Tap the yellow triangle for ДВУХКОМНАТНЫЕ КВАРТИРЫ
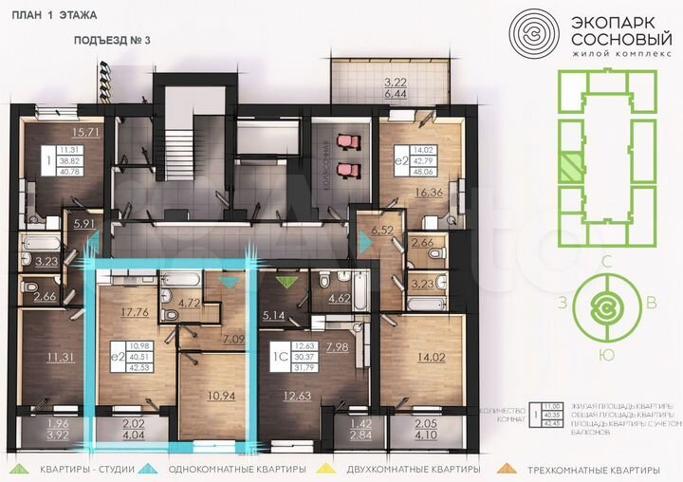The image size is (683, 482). [x=329, y=468]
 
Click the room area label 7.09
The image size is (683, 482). [x=234, y=340]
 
